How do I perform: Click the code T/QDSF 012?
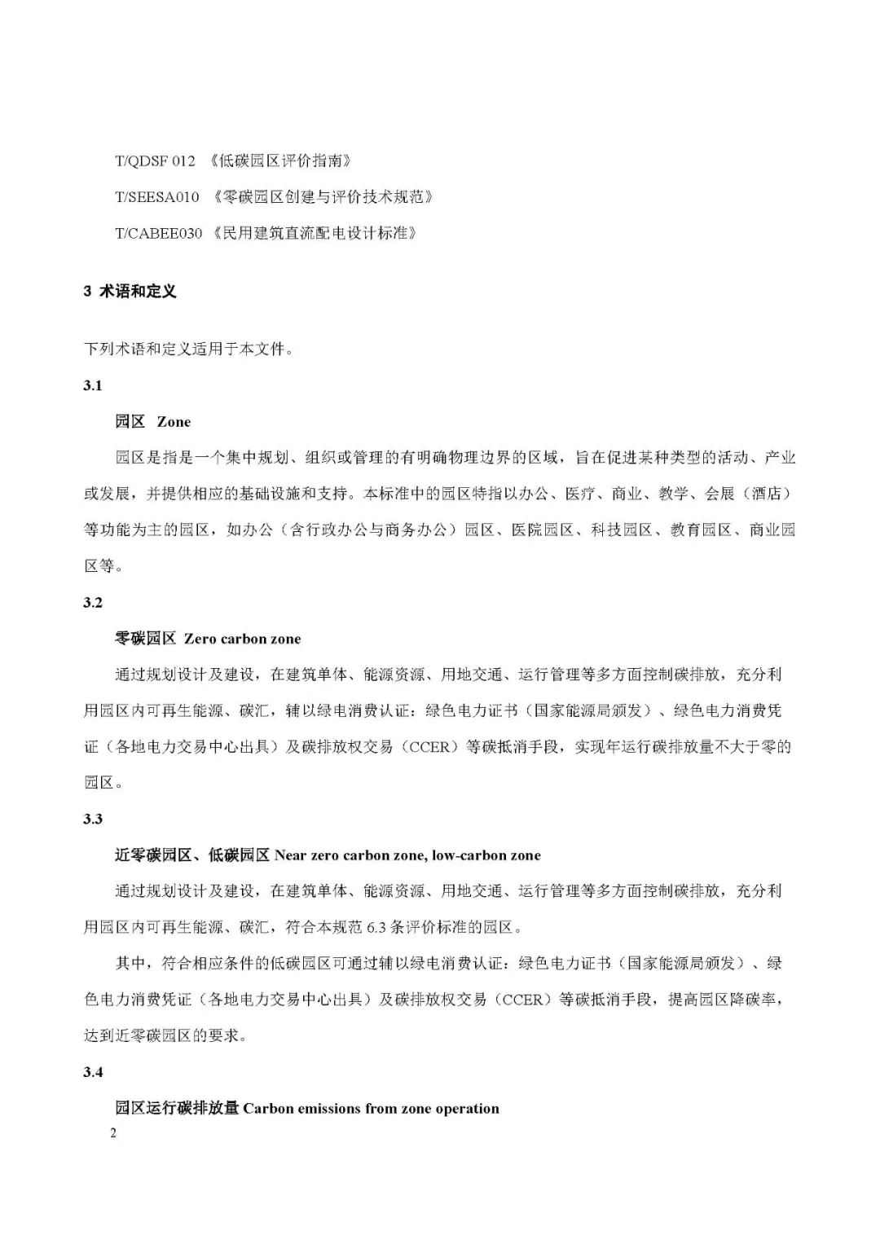155,160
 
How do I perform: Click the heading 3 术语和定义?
130,291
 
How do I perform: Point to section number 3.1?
93,385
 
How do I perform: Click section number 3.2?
93,602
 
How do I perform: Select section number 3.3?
93,819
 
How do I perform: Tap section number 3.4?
93,1072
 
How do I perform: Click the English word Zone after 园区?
174,422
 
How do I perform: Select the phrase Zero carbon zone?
243,639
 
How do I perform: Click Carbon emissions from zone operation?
371,1108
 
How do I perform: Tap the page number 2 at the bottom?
113,1133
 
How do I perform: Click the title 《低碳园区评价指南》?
279,160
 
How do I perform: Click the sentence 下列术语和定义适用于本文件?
188,349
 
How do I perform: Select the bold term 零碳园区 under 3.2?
146,639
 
